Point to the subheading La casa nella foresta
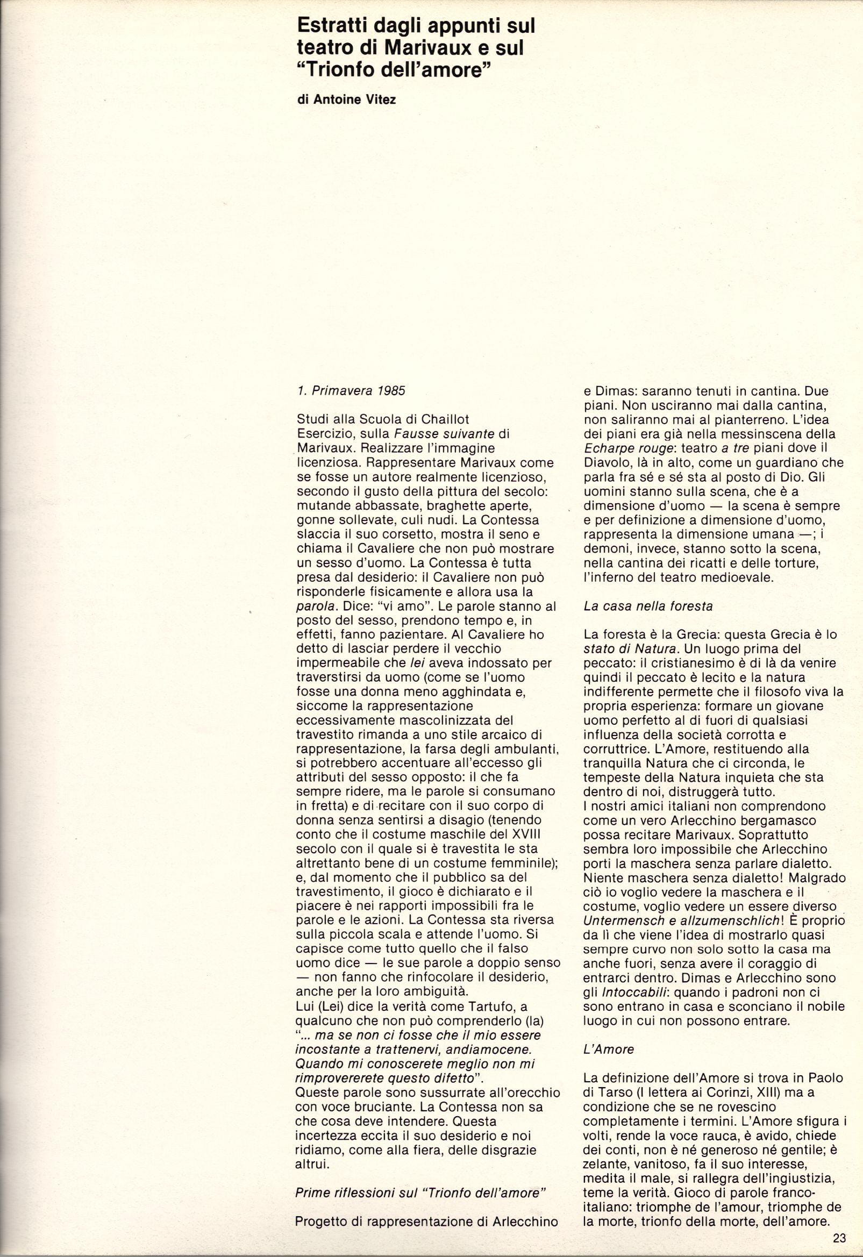point(648,606)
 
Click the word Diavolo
point(607,463)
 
